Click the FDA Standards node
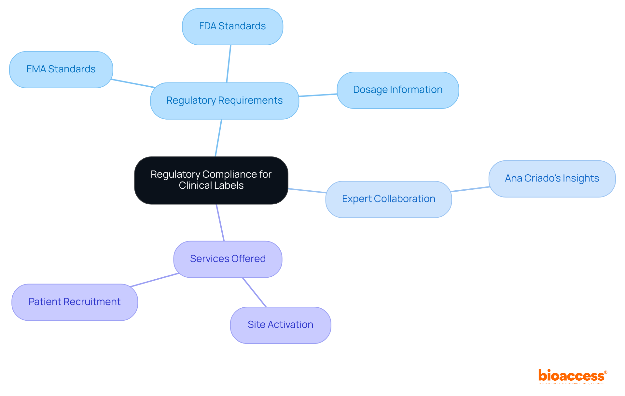(x=232, y=27)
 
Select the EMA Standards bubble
(x=61, y=69)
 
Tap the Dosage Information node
(x=397, y=90)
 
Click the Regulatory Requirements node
(x=224, y=101)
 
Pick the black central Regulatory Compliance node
(x=211, y=180)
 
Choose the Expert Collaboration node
(x=388, y=199)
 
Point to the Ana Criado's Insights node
(x=552, y=179)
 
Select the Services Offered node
(x=228, y=259)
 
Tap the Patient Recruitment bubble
(x=75, y=302)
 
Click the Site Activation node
(x=280, y=325)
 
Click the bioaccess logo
(x=572, y=376)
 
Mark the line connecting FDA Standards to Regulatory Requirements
(x=229, y=64)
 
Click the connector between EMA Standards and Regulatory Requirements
(x=133, y=83)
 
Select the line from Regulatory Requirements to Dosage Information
(x=318, y=95)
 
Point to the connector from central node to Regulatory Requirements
(x=218, y=138)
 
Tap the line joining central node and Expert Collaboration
(x=307, y=191)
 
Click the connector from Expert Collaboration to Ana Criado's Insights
(x=470, y=189)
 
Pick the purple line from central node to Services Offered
(x=220, y=223)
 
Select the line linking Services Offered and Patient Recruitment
(x=154, y=280)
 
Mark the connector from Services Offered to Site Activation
(x=254, y=292)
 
